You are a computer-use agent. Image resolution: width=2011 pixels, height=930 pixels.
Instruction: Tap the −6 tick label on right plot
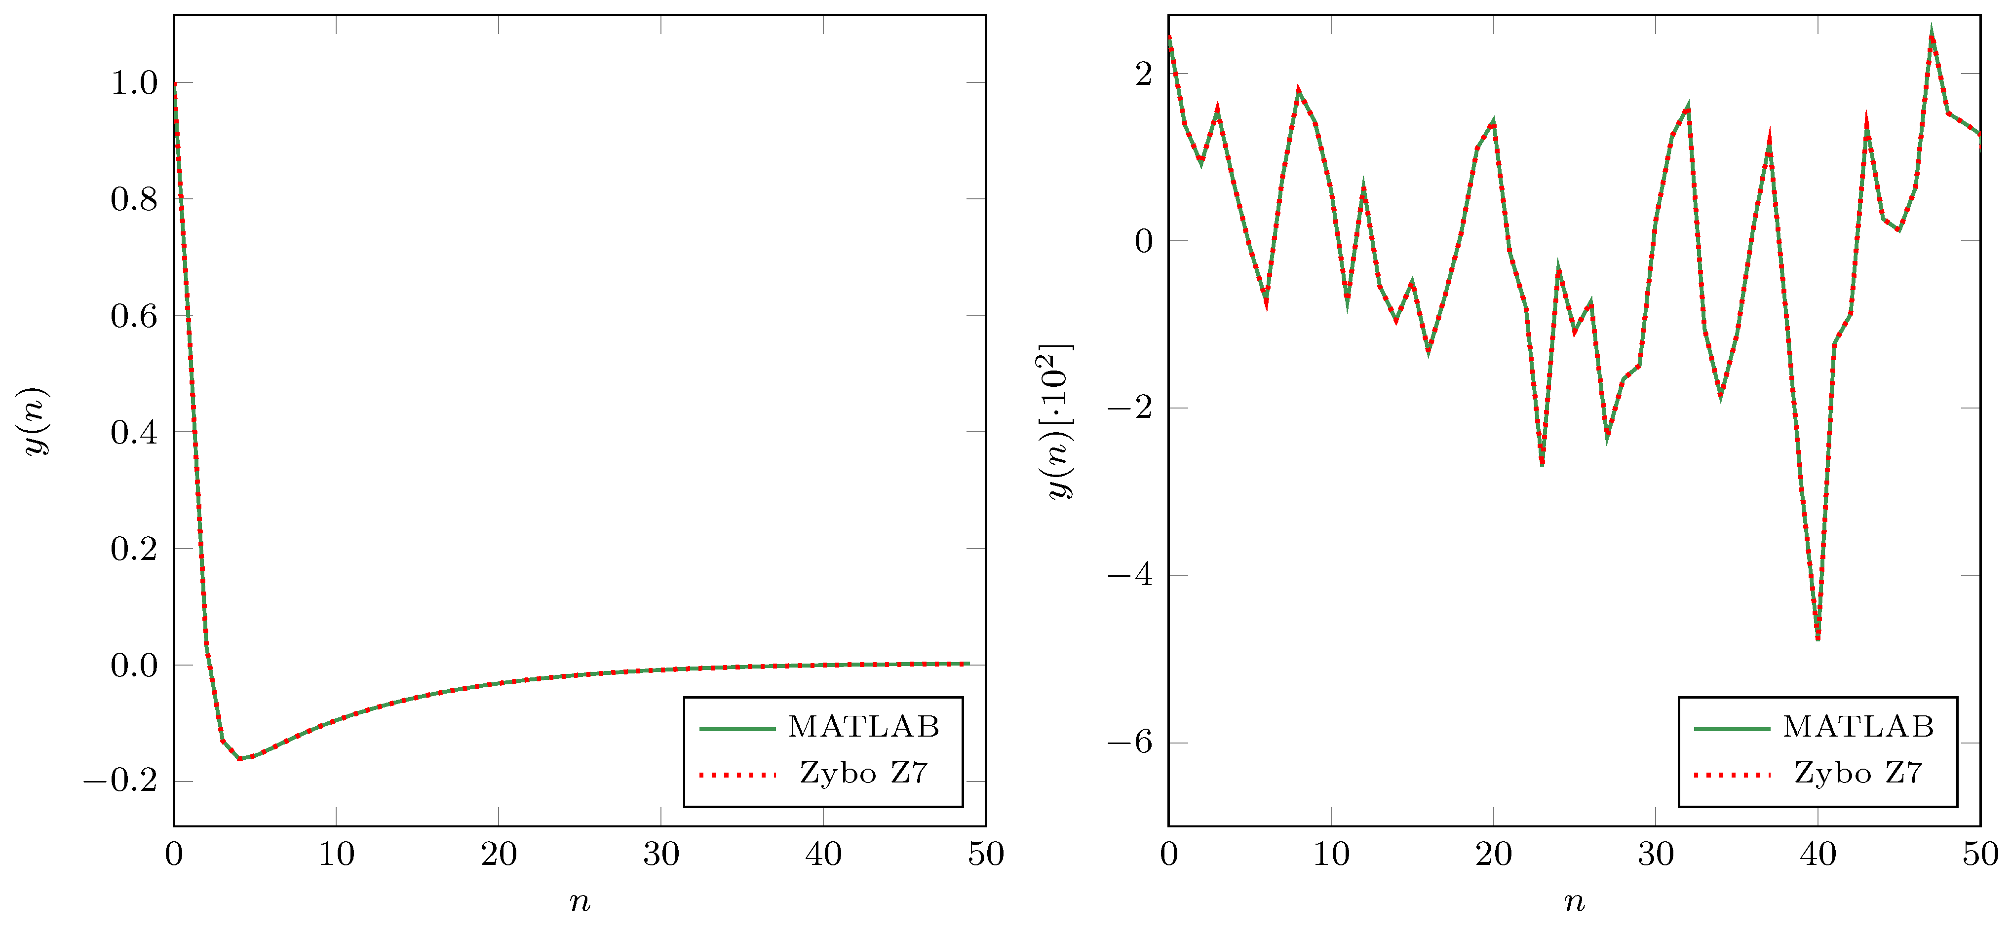[1129, 742]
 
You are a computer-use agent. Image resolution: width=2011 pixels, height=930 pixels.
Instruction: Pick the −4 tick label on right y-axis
[1129, 575]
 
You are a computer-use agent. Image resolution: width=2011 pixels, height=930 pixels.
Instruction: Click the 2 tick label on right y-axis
[1144, 74]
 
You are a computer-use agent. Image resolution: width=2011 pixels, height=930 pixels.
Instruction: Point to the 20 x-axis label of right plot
[1493, 855]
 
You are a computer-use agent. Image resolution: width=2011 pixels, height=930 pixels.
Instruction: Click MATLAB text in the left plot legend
[863, 727]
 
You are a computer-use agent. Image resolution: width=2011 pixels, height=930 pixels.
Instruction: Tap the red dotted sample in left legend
[737, 775]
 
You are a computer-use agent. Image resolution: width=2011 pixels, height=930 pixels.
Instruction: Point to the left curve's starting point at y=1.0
[175, 83]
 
